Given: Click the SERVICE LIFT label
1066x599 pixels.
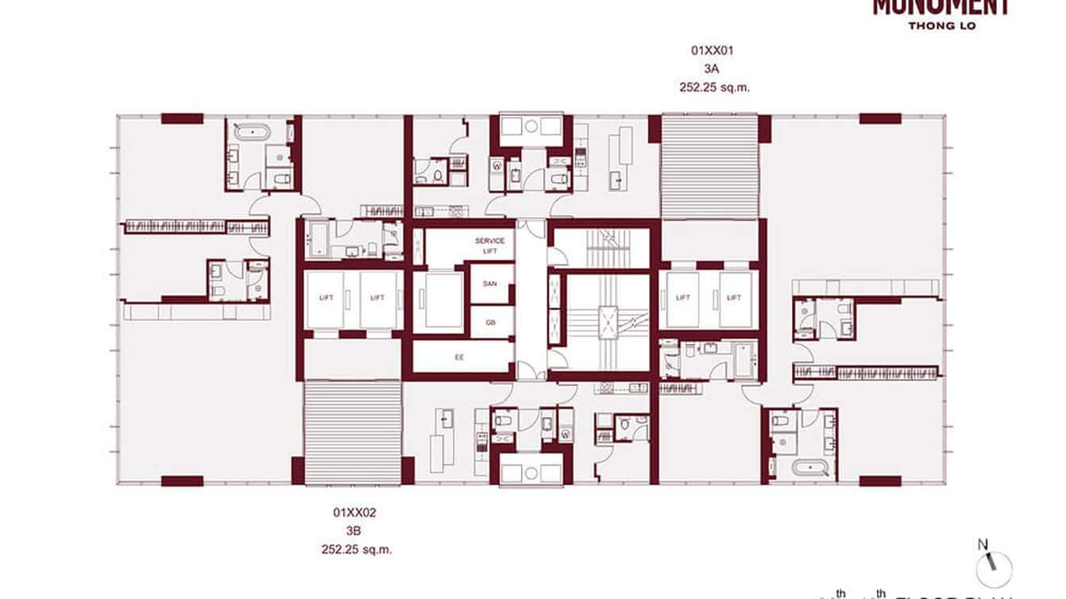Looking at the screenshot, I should pyautogui.click(x=490, y=245).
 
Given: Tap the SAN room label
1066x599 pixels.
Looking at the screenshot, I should pyautogui.click(x=490, y=284).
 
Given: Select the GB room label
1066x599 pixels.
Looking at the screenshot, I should pyautogui.click(x=490, y=323).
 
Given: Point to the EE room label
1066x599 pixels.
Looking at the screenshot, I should pyautogui.click(x=459, y=357).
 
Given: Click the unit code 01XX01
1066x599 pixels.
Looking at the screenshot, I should pyautogui.click(x=712, y=50).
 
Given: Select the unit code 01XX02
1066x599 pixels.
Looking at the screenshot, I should pyautogui.click(x=354, y=513).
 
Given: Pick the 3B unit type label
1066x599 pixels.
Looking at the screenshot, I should pyautogui.click(x=354, y=531).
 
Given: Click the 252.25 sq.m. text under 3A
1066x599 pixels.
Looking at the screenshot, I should pyautogui.click(x=714, y=88).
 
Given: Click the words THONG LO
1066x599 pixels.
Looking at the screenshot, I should pyautogui.click(x=941, y=25).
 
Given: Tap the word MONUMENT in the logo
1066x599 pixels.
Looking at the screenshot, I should pyautogui.click(x=941, y=7).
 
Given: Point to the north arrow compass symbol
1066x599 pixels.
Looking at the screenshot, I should pyautogui.click(x=993, y=565).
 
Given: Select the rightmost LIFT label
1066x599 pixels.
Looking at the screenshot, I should pyautogui.click(x=733, y=298).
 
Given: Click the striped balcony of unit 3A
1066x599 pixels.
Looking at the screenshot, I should pyautogui.click(x=710, y=167).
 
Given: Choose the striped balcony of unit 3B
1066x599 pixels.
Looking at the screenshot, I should pyautogui.click(x=353, y=431).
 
